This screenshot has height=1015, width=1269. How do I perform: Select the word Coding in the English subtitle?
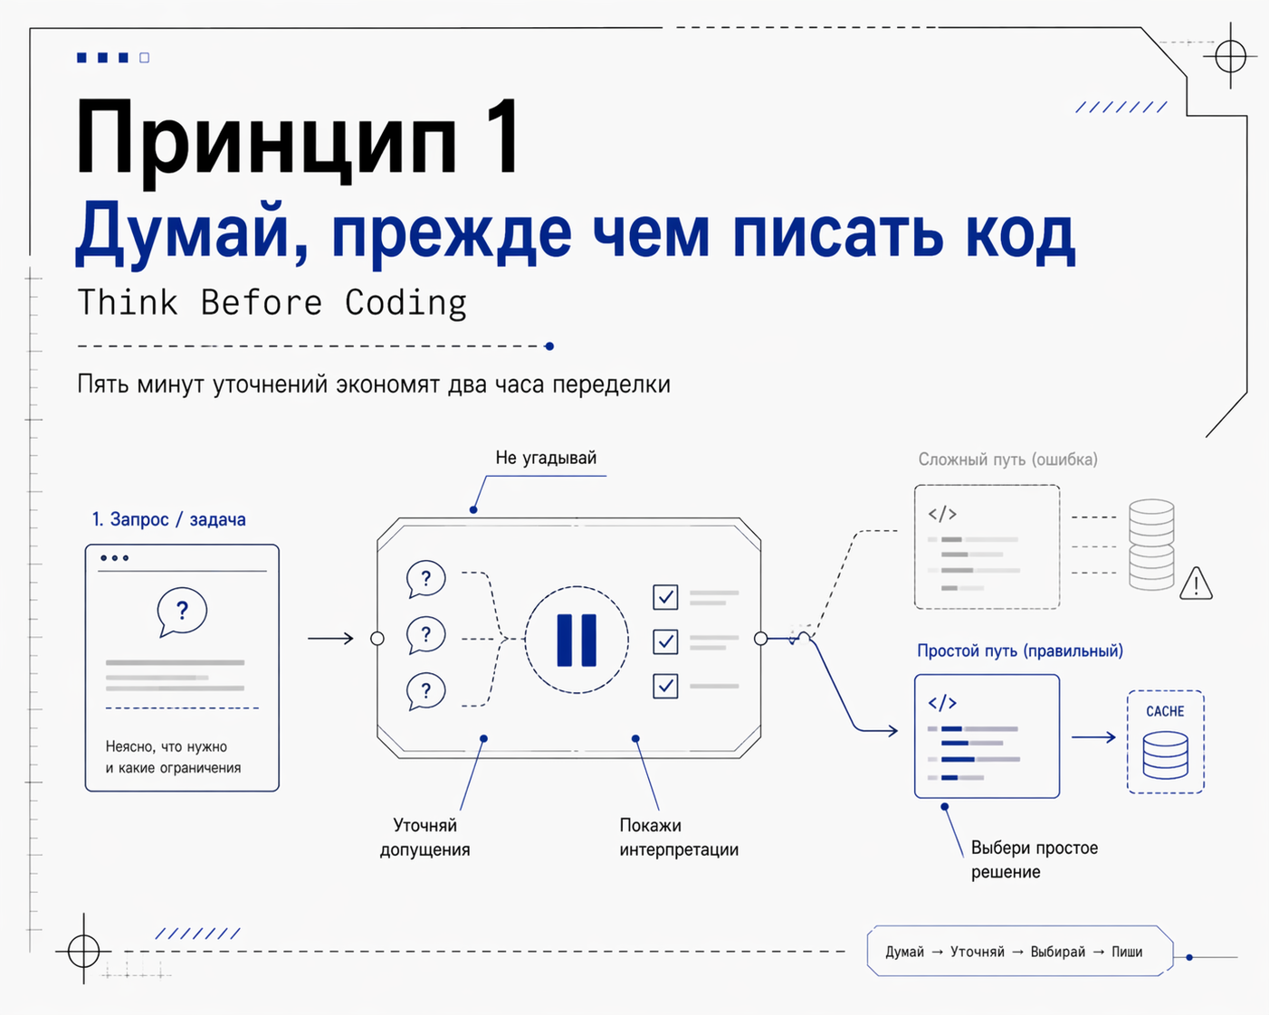(x=406, y=303)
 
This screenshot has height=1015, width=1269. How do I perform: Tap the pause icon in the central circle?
(x=577, y=640)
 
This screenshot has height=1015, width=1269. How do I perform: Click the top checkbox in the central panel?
(x=665, y=597)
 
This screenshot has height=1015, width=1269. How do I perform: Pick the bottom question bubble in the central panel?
(x=425, y=691)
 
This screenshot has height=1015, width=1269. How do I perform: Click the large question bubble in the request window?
(x=182, y=612)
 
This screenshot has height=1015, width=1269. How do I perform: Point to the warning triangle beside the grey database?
(x=1196, y=583)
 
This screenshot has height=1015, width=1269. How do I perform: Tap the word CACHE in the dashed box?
(x=1165, y=711)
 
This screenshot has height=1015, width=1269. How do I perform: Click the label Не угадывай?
(x=546, y=458)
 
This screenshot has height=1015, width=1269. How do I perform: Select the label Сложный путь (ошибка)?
(x=1007, y=460)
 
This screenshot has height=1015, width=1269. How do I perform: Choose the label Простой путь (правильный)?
(x=1019, y=650)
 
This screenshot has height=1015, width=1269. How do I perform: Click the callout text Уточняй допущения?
(x=425, y=837)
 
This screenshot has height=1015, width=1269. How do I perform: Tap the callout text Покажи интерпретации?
(x=678, y=837)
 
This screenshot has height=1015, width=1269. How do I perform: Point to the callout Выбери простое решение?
(x=1034, y=859)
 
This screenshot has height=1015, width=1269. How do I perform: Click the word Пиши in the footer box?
(x=1127, y=952)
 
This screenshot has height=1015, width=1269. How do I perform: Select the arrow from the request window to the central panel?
(x=330, y=639)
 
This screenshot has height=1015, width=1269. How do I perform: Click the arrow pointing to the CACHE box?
(x=1093, y=737)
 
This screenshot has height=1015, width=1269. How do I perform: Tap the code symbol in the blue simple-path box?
(x=942, y=703)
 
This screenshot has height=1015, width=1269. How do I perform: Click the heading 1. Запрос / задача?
(x=168, y=519)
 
